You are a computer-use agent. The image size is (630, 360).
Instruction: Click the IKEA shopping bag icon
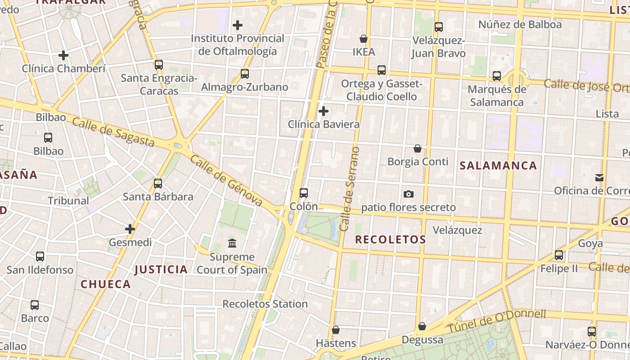click(x=363, y=39)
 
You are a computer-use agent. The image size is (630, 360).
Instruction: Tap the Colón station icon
click(x=304, y=193)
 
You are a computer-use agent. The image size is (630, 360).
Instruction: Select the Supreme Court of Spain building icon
click(x=232, y=243)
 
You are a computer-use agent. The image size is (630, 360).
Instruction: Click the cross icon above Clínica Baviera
click(x=323, y=111)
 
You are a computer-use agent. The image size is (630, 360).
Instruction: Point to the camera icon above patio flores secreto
click(x=409, y=194)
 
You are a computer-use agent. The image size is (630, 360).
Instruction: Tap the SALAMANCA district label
click(x=498, y=166)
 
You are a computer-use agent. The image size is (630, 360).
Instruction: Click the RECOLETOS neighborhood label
click(x=390, y=239)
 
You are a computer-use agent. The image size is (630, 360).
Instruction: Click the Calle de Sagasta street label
click(x=113, y=132)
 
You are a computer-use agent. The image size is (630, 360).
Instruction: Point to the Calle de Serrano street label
click(x=350, y=189)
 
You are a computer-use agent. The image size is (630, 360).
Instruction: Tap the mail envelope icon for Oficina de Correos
click(x=599, y=178)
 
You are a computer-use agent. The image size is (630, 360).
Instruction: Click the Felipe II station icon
click(x=559, y=255)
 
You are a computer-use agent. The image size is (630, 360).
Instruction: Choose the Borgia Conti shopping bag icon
click(x=418, y=148)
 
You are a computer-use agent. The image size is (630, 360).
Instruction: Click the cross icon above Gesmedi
click(x=130, y=229)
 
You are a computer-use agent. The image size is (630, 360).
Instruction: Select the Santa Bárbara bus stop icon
click(x=158, y=184)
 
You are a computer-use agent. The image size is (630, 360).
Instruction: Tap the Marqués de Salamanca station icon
click(x=497, y=76)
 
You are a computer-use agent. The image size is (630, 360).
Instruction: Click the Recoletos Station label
click(x=265, y=304)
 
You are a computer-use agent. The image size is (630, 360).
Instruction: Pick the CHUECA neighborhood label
click(x=106, y=284)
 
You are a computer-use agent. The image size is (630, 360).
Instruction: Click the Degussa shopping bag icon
click(x=422, y=326)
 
